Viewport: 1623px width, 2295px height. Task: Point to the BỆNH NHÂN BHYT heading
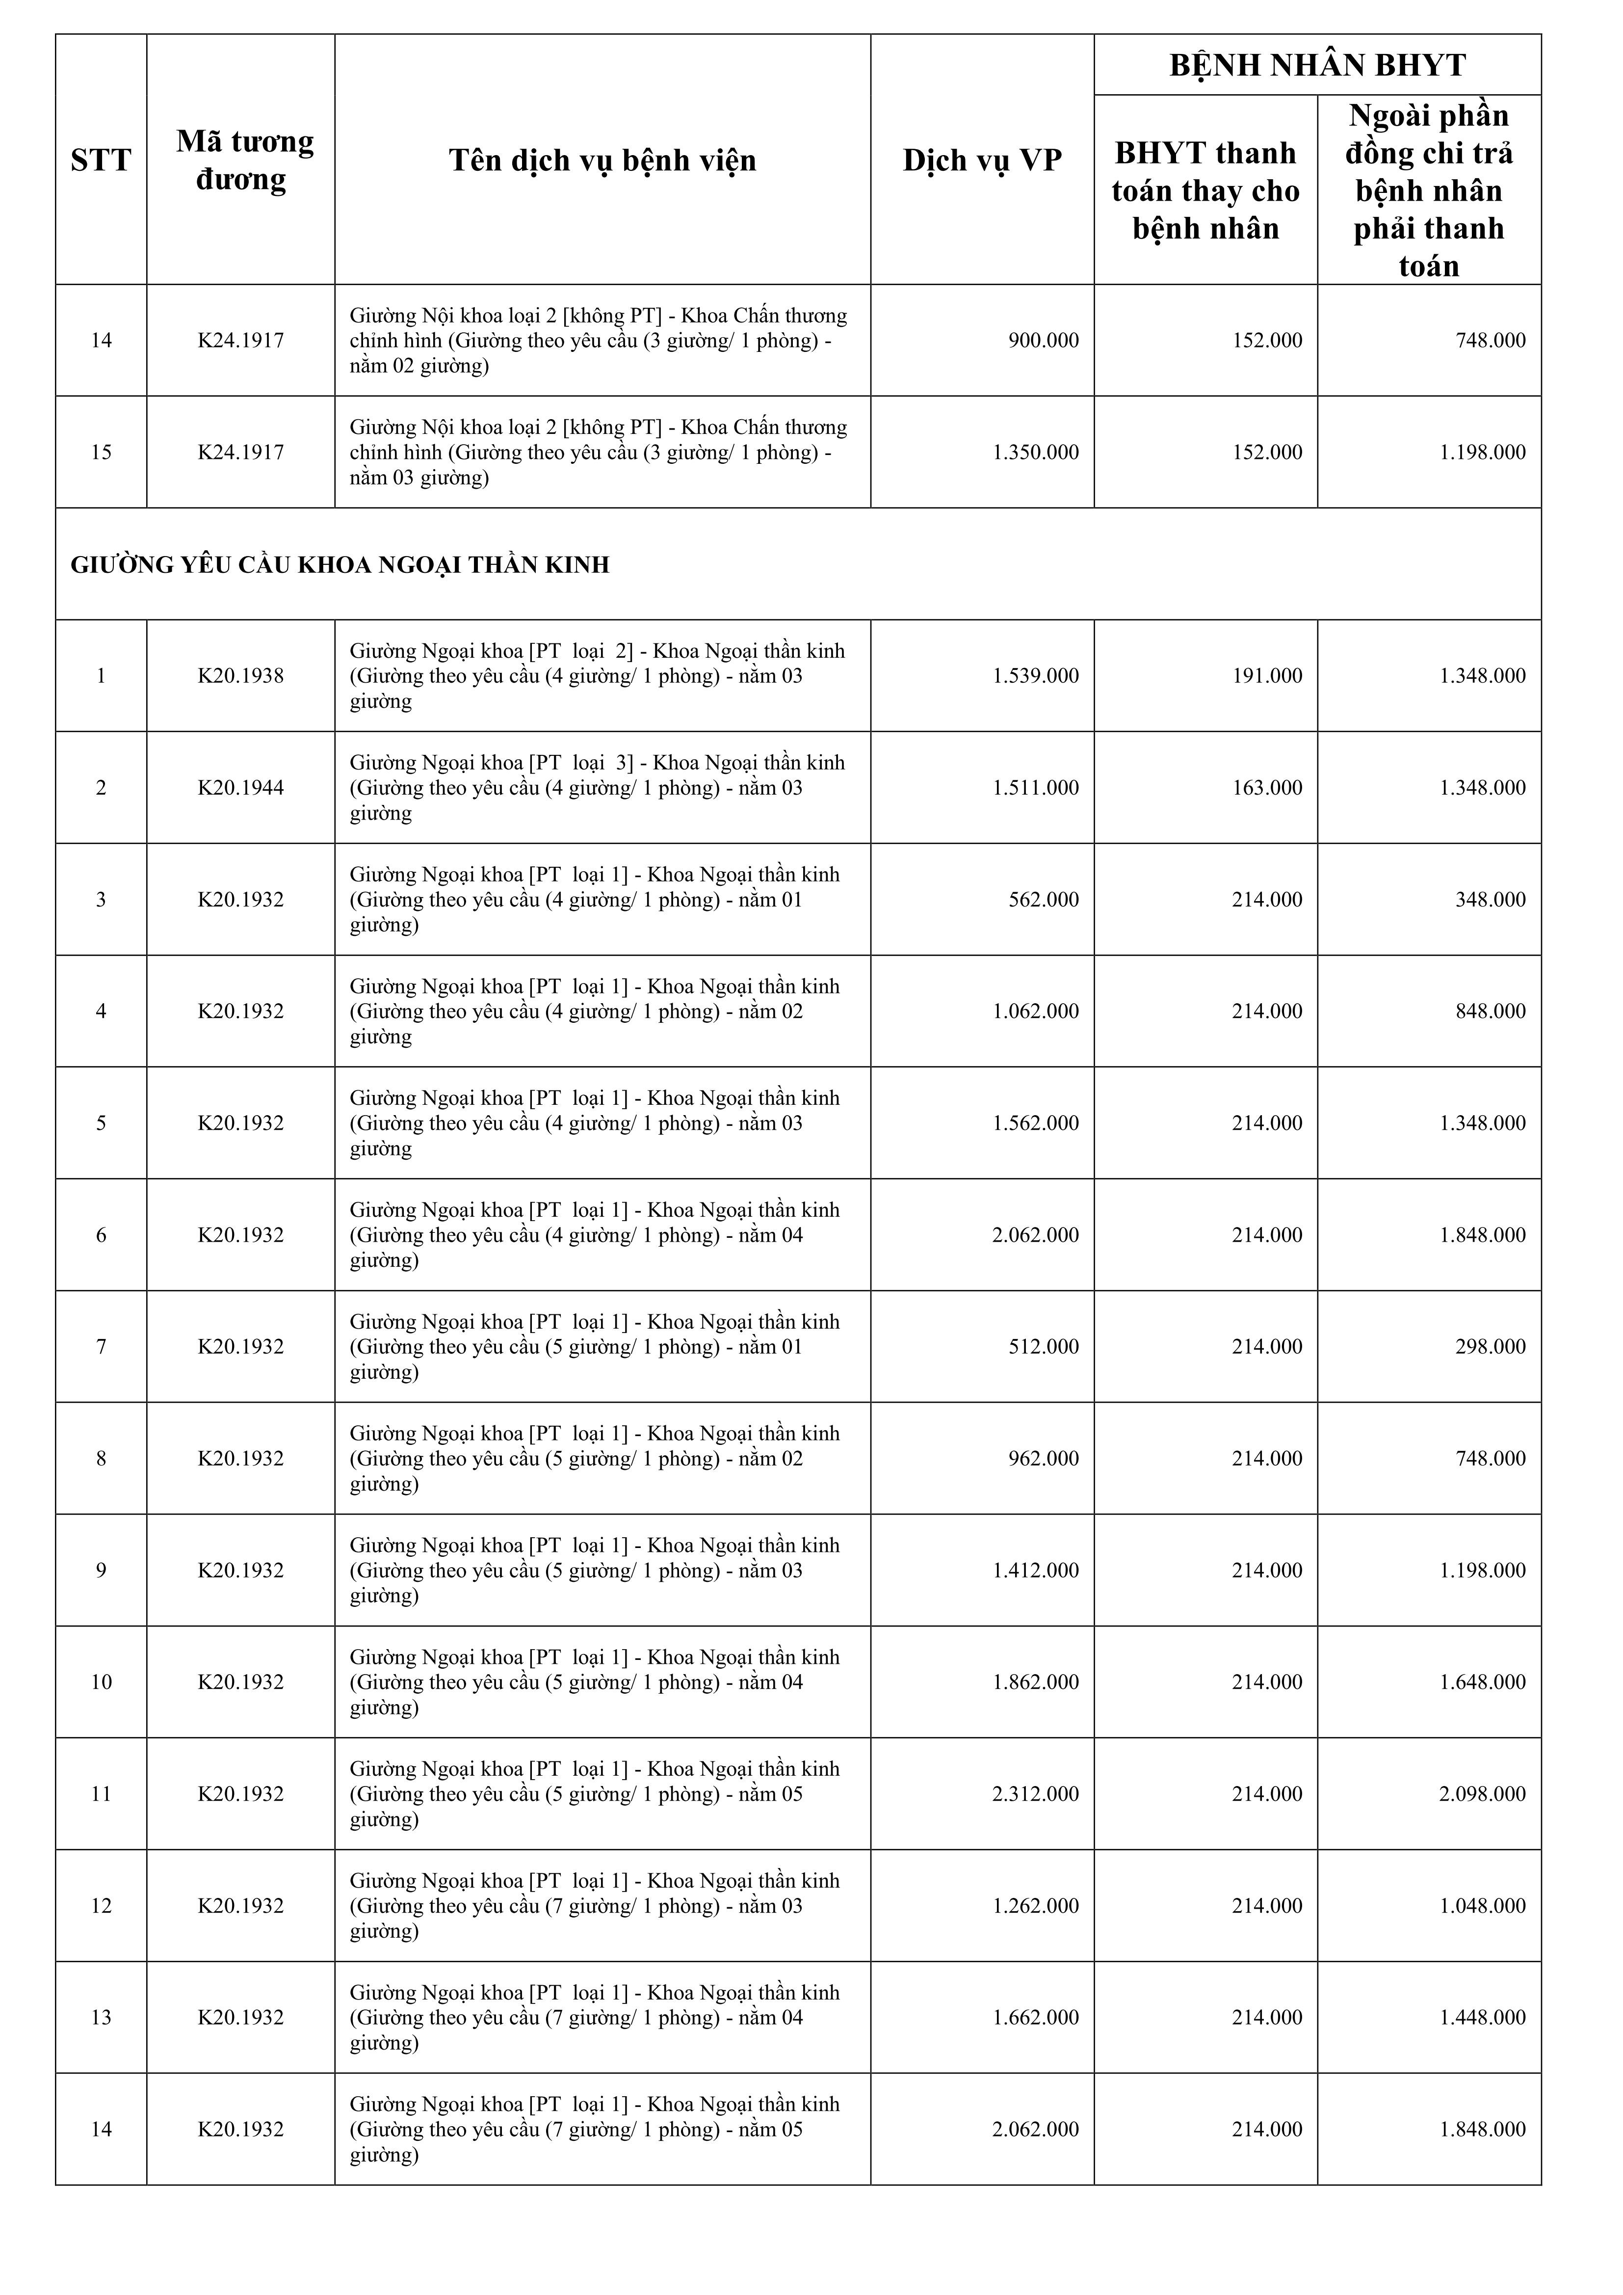pyautogui.click(x=1317, y=65)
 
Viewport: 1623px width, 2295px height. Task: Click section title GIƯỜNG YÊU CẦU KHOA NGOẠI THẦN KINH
pyautogui.click(x=340, y=565)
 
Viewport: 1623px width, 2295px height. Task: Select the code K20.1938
pyautogui.click(x=241, y=676)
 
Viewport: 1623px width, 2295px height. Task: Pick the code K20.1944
pyautogui.click(x=241, y=788)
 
